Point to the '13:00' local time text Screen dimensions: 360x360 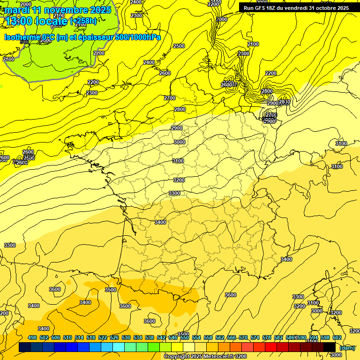19,21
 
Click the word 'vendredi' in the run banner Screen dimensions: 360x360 296,8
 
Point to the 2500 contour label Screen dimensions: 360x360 179,46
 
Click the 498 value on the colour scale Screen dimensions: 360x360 32,337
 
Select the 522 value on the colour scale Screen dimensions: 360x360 103,337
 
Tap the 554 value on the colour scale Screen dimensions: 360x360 196,337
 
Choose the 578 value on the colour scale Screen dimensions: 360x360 267,337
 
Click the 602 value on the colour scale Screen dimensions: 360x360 337,337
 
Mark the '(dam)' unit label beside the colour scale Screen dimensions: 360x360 347,347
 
